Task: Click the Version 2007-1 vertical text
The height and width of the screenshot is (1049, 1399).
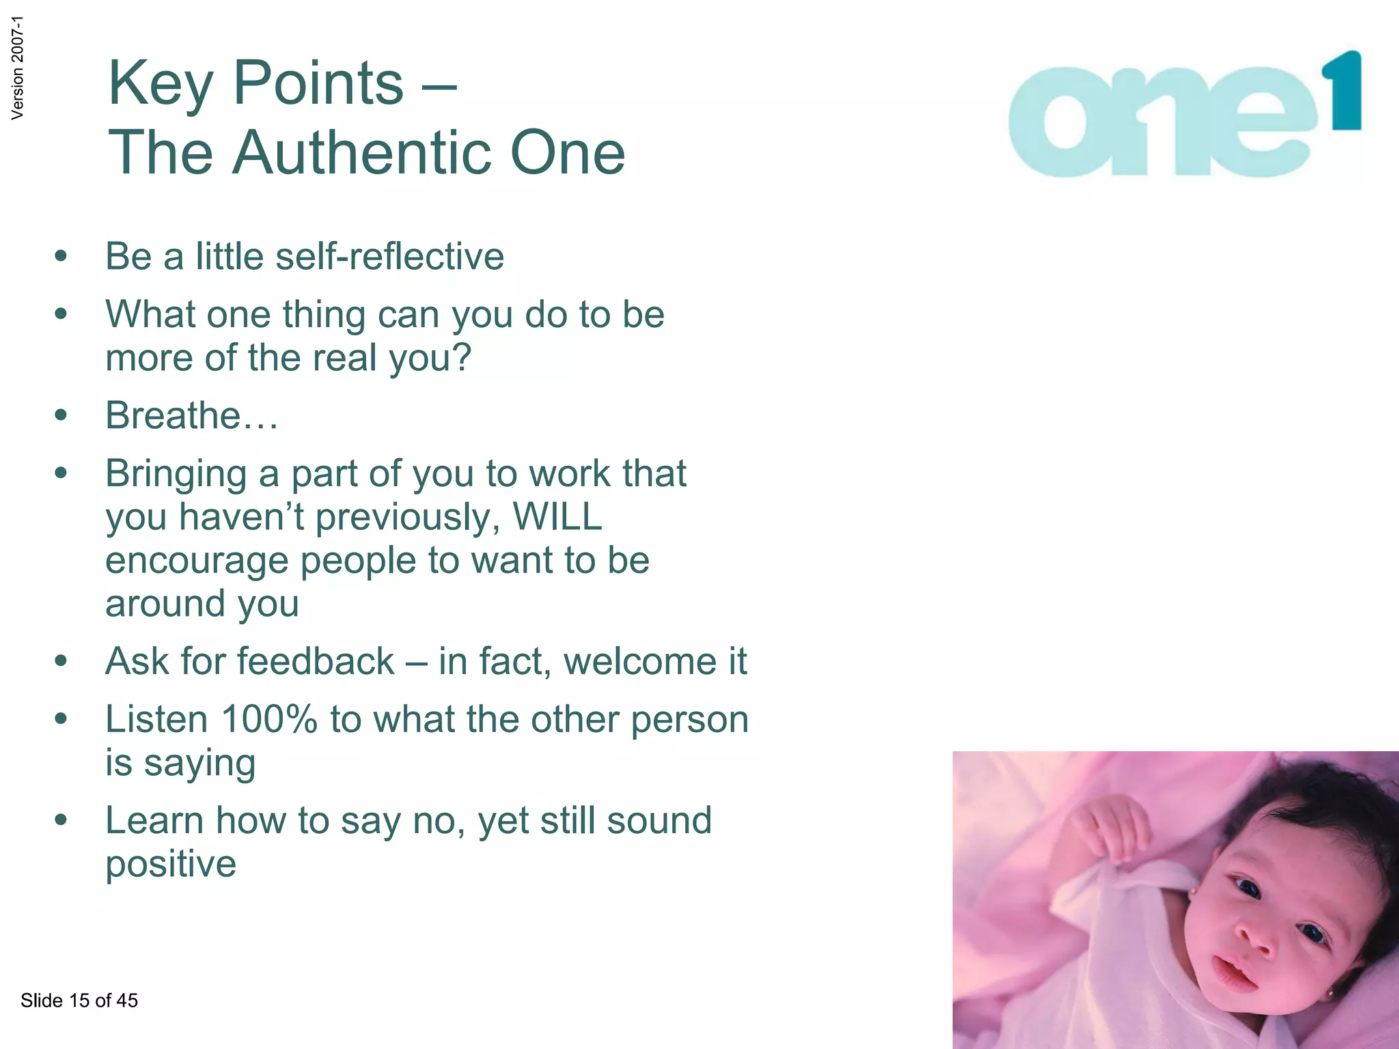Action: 17,68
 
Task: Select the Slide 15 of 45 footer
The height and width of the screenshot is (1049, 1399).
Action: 79,1001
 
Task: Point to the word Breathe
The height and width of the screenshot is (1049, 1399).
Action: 173,415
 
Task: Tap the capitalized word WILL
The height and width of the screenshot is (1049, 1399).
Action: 557,516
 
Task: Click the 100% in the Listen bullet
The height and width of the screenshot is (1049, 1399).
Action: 269,720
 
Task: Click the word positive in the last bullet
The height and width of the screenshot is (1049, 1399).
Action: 171,864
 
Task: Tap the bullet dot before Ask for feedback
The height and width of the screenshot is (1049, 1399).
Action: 61,661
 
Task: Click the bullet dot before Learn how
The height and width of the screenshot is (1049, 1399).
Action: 61,820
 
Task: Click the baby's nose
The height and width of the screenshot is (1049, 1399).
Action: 1256,939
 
